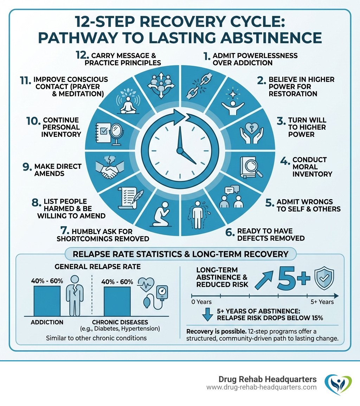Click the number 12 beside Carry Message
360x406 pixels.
(x=83, y=56)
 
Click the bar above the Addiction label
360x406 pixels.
(x=47, y=300)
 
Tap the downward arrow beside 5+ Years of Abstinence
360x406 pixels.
(x=208, y=314)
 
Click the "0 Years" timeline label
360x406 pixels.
(x=201, y=302)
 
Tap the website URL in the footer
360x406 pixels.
(x=261, y=387)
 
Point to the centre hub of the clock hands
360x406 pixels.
(x=180, y=150)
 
